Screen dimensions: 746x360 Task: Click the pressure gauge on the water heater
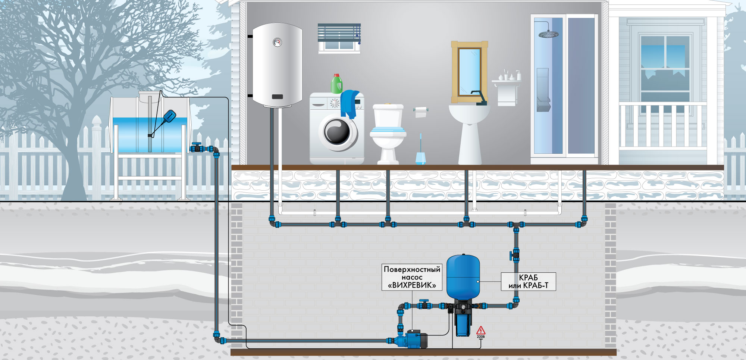coord(277,42)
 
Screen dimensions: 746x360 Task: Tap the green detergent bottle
coord(337,84)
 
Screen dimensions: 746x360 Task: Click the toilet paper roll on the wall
coord(421,112)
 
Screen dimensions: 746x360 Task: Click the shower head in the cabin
coord(548,35)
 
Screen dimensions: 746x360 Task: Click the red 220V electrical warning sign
coord(481,331)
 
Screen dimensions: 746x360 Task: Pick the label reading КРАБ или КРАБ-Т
coord(528,282)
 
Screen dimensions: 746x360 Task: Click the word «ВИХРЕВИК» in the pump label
coord(412,285)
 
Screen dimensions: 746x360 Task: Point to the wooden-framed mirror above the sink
coord(469,72)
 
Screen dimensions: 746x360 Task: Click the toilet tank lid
coord(388,106)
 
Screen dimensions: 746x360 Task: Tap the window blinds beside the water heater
coord(339,32)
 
